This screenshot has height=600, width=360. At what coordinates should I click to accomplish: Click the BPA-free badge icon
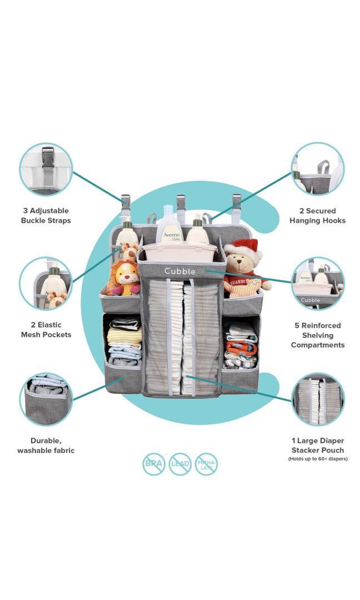pos(153,464)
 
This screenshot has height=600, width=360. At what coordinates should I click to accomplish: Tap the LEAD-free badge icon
pos(180,464)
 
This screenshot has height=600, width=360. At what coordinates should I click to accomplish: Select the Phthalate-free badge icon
pos(206,464)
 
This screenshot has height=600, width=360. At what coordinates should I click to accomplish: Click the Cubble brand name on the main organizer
pos(179,271)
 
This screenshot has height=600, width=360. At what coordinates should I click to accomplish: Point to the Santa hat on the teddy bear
pos(243,248)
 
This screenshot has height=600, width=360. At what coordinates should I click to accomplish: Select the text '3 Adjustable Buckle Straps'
pos(46,216)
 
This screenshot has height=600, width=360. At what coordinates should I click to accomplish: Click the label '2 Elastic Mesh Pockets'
pos(46,329)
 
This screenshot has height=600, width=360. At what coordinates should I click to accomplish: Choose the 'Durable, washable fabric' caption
pos(46,446)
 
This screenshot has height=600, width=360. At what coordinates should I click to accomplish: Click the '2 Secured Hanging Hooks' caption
pos(317,216)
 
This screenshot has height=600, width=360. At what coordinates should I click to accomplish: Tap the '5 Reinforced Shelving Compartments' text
pos(318,335)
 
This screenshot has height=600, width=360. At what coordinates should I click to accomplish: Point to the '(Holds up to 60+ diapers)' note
pos(318,459)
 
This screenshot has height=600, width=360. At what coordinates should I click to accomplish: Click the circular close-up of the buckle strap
pos(46,169)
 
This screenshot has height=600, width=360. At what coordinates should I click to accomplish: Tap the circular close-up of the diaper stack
pos(318,399)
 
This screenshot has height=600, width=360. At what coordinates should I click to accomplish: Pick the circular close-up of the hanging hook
pos(318,169)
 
